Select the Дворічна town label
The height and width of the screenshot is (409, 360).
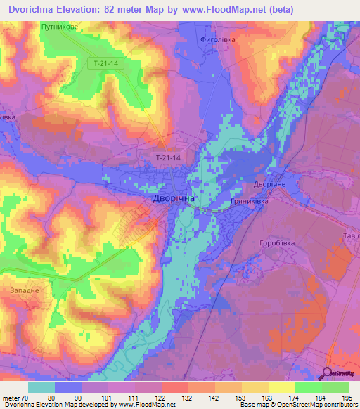(x=174, y=199)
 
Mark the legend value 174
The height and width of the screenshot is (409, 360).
(x=286, y=398)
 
